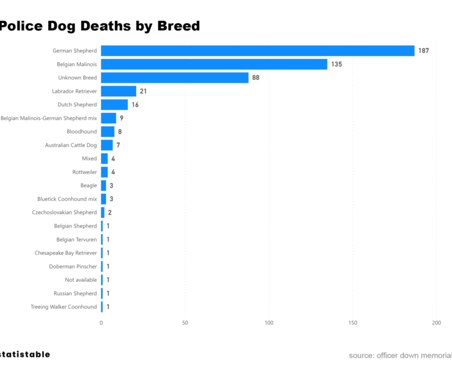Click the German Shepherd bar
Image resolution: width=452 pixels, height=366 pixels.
point(257,51)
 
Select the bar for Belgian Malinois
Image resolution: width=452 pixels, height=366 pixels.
point(214,64)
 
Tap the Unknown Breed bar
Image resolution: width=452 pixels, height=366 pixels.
point(175,77)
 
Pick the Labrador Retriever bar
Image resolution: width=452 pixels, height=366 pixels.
point(118,91)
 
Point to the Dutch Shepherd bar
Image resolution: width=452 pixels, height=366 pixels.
point(114,104)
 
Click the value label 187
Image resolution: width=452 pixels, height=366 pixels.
point(423,51)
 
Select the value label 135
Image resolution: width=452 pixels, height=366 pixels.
point(336,64)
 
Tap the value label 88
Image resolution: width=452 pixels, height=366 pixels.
point(255,77)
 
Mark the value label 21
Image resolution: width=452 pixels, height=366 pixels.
point(143,91)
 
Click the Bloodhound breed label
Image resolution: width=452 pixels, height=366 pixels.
point(81,132)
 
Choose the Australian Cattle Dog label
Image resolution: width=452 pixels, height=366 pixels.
point(71,145)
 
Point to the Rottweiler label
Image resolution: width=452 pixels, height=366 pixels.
point(84,172)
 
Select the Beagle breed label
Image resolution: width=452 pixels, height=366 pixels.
point(88,185)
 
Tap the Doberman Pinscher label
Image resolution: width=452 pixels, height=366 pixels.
point(73,267)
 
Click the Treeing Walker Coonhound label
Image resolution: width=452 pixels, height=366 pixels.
point(64,307)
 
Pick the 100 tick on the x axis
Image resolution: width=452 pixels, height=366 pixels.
point(269,322)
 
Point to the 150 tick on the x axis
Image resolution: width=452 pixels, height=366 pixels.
point(352,322)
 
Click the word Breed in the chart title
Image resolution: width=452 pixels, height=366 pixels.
point(178,26)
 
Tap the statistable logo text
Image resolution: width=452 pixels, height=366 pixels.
point(24,354)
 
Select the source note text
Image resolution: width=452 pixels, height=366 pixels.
point(400,355)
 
